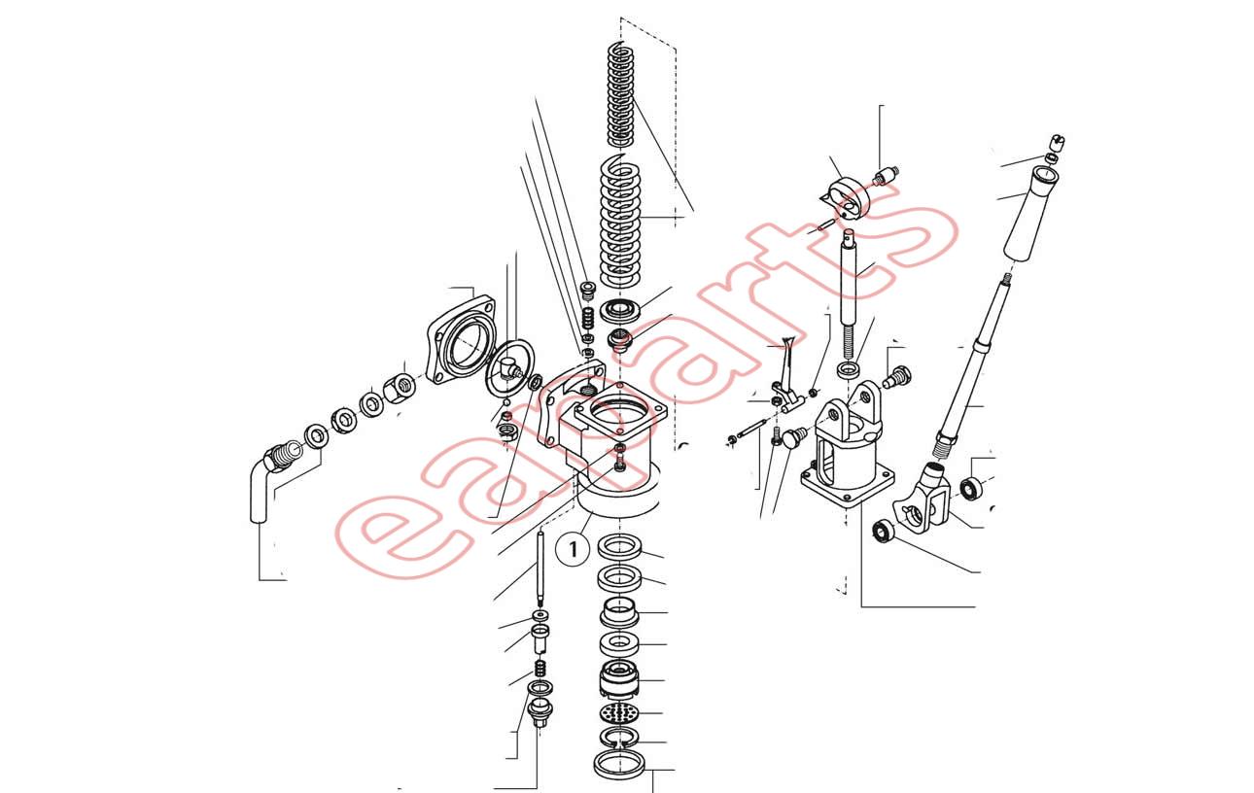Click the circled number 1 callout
point(573,549)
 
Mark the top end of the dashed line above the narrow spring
point(621,17)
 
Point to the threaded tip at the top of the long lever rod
point(1007,278)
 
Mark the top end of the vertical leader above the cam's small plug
point(880,105)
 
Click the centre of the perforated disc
point(619,713)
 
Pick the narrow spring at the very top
point(621,94)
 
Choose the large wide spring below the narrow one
point(620,221)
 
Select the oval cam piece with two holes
point(846,198)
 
